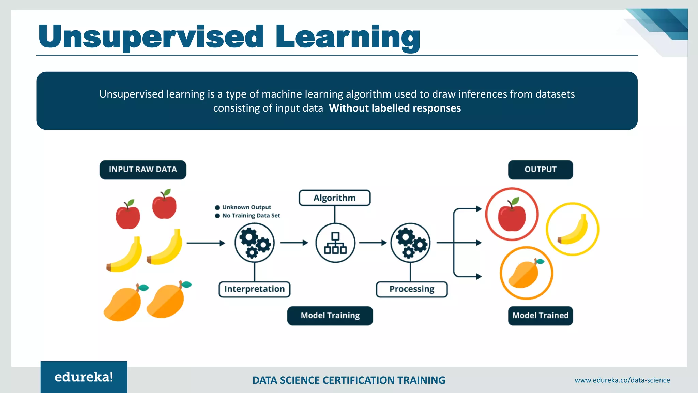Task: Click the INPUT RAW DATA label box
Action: click(x=143, y=170)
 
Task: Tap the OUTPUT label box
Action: click(x=540, y=170)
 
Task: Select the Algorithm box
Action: click(x=334, y=198)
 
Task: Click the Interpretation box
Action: click(x=254, y=289)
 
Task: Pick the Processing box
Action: click(x=412, y=289)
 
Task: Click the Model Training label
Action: click(x=330, y=316)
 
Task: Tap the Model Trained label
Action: click(x=540, y=316)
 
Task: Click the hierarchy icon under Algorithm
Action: click(x=335, y=243)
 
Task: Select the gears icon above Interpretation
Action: click(x=255, y=243)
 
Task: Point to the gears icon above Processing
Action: click(x=411, y=243)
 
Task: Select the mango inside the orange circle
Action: click(x=525, y=274)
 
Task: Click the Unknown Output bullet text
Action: click(x=246, y=207)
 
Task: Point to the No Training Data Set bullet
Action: click(x=251, y=216)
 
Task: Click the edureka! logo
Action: click(x=84, y=377)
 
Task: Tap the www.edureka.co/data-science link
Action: click(x=622, y=380)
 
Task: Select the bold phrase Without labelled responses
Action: click(x=395, y=108)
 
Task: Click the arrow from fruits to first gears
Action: click(x=206, y=243)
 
